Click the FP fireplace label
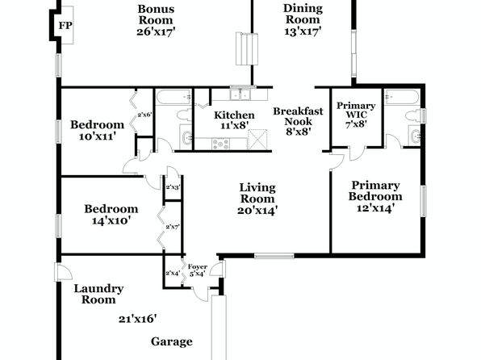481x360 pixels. (x=65, y=26)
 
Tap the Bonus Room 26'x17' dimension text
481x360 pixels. (x=156, y=31)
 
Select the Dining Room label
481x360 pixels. (x=303, y=14)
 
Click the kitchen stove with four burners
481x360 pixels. (x=221, y=144)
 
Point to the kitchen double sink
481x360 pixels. (x=240, y=94)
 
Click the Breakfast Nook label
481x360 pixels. (x=298, y=116)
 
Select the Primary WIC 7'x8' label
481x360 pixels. (x=356, y=115)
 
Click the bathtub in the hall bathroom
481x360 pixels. (x=174, y=97)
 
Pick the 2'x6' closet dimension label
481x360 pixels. (x=144, y=115)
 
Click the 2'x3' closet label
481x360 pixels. (x=173, y=187)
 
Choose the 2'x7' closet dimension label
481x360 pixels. (x=173, y=227)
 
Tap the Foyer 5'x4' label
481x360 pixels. (x=198, y=270)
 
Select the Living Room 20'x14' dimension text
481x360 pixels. (x=257, y=210)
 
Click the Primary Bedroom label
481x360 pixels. (x=375, y=190)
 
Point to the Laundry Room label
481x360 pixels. (x=98, y=294)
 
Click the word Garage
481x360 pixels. (x=172, y=341)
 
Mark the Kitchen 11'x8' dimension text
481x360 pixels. (x=234, y=125)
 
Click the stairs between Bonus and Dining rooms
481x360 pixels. (x=247, y=48)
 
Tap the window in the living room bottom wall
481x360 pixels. (x=274, y=256)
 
